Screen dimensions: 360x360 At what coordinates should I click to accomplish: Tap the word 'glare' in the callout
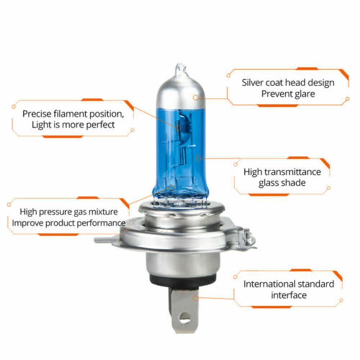pos(305,94)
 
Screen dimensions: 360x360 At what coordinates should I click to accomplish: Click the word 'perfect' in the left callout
pos(100,125)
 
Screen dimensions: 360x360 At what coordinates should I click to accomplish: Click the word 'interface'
pos(289,295)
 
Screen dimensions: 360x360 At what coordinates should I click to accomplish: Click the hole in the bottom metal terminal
pos(184,317)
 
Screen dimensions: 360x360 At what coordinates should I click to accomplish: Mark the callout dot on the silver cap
pos(195,97)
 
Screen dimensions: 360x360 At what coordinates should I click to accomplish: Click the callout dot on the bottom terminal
pos(195,298)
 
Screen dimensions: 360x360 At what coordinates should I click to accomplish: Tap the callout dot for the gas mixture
pos(172,187)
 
